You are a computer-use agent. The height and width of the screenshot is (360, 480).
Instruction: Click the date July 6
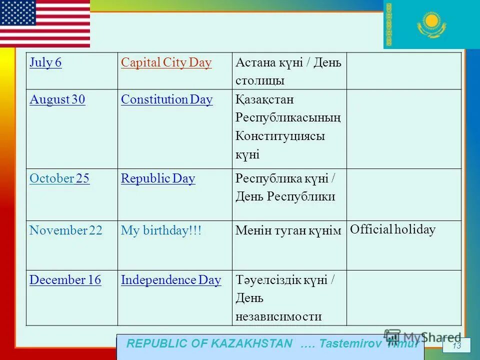[x=45, y=63]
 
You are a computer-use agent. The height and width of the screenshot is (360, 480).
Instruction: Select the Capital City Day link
[x=166, y=63]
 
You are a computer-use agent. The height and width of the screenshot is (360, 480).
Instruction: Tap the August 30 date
[x=57, y=100]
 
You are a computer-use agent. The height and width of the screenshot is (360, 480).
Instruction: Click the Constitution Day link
[x=166, y=100]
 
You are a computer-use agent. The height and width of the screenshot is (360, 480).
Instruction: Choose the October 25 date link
[x=59, y=179]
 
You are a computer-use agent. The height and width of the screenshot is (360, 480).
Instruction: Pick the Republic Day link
[x=158, y=179]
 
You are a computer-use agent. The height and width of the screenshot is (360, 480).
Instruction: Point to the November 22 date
[x=65, y=230]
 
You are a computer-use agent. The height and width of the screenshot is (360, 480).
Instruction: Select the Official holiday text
[x=392, y=230]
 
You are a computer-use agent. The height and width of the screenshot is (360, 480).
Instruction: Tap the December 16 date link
[x=65, y=280]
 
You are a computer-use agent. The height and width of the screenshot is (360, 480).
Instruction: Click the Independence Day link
[x=171, y=280]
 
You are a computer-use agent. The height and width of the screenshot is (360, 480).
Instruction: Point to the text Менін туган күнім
[x=288, y=231]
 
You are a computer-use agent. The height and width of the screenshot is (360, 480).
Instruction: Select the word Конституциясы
[x=280, y=136]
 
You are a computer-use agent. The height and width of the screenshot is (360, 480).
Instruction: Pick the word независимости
[x=278, y=317]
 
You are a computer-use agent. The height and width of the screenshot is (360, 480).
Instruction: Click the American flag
[x=45, y=23]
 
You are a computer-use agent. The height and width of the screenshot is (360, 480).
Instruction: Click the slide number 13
[x=456, y=346]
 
